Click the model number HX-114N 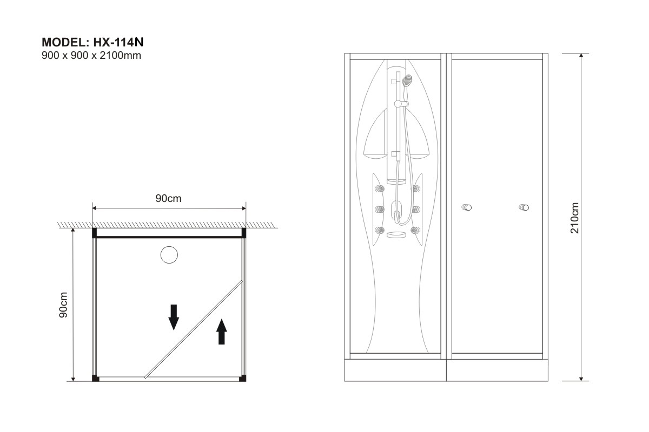[x=118, y=42]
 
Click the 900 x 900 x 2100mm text [x=91, y=55]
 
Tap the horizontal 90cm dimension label [x=168, y=198]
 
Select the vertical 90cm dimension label [x=63, y=305]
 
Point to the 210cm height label [x=574, y=218]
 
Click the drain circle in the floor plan [x=169, y=255]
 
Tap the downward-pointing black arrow [x=174, y=317]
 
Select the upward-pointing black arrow [x=222, y=332]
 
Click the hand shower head [x=407, y=80]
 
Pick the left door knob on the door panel [x=466, y=207]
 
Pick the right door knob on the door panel [x=524, y=207]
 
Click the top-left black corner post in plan [x=95, y=233]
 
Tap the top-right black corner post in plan [x=244, y=233]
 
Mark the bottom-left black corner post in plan [x=95, y=378]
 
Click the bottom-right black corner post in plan [x=243, y=378]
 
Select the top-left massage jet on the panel [x=380, y=188]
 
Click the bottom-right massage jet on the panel [x=415, y=230]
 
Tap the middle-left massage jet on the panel [x=380, y=209]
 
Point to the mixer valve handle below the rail [x=396, y=214]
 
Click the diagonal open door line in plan [x=193, y=329]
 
